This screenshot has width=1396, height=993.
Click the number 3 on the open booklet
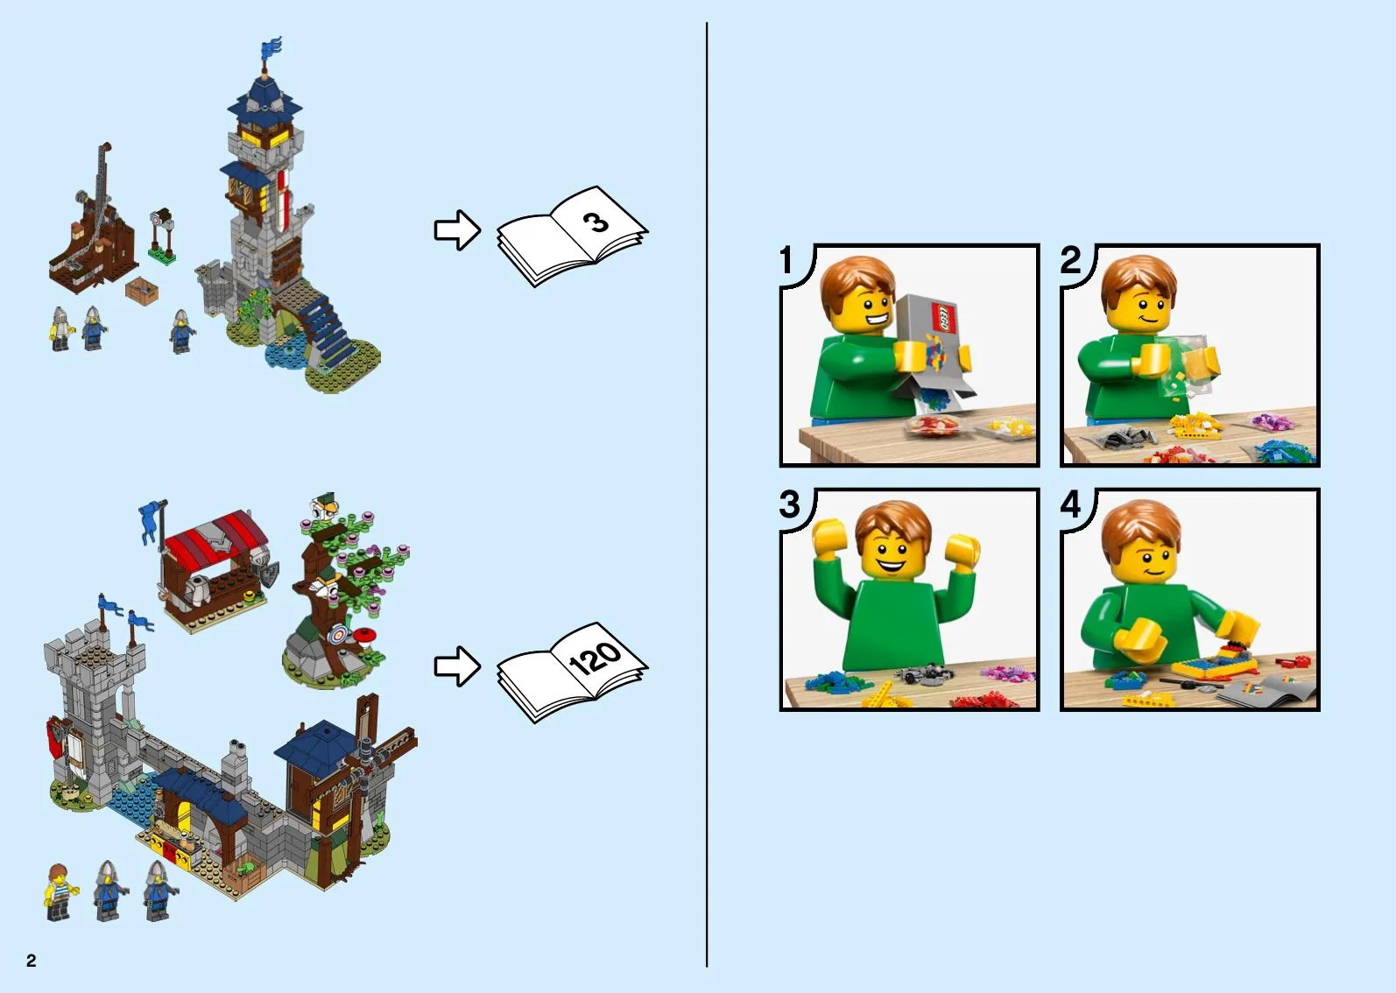coord(596,222)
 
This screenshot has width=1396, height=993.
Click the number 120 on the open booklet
coord(595,658)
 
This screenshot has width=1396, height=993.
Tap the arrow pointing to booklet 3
coord(457,230)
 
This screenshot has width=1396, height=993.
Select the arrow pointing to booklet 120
coord(457,666)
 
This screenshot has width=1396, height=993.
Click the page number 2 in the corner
coord(32,960)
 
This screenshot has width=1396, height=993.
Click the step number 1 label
coord(786,260)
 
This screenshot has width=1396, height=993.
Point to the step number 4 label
coord(1071,504)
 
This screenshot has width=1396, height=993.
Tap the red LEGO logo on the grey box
coord(943,318)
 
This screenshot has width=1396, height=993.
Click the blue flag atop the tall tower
coord(271,48)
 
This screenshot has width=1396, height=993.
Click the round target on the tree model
coord(337,635)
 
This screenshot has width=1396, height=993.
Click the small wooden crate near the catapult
coord(142,290)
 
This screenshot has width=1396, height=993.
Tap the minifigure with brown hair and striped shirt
coord(59,891)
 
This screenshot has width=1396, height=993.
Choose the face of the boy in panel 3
coord(892,554)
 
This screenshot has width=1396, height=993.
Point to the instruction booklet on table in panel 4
coord(1265,691)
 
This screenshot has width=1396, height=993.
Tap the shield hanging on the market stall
coord(269,574)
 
